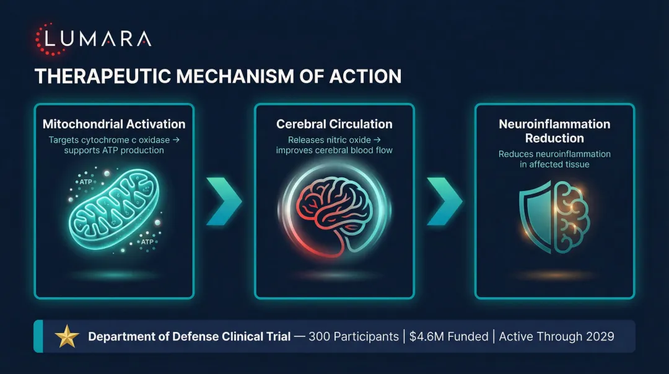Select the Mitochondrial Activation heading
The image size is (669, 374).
coord(114,124)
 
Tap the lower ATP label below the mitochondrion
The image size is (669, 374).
coord(147,242)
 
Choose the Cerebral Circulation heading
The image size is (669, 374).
coord(334,124)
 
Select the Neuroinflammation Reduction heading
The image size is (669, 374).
coord(554,131)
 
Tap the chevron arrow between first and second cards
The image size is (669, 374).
coord(224,200)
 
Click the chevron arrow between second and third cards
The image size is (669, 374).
coord(445,200)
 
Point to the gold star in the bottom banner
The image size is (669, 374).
coord(67,337)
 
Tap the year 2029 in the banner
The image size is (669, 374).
coord(599,337)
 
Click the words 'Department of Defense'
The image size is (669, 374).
coord(152,337)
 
